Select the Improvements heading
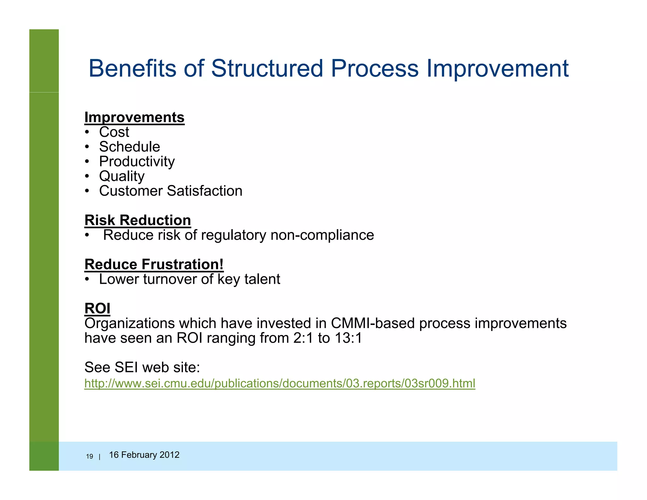point(134,117)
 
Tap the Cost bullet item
point(114,132)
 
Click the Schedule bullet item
point(130,147)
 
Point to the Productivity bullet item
point(137,162)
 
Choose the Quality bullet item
point(122,176)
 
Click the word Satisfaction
point(204,191)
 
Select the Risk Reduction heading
point(138,220)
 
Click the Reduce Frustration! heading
point(154,265)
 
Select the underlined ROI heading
point(97,308)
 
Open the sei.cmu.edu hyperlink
point(280,383)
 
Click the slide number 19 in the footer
point(89,456)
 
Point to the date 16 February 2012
point(144,455)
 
